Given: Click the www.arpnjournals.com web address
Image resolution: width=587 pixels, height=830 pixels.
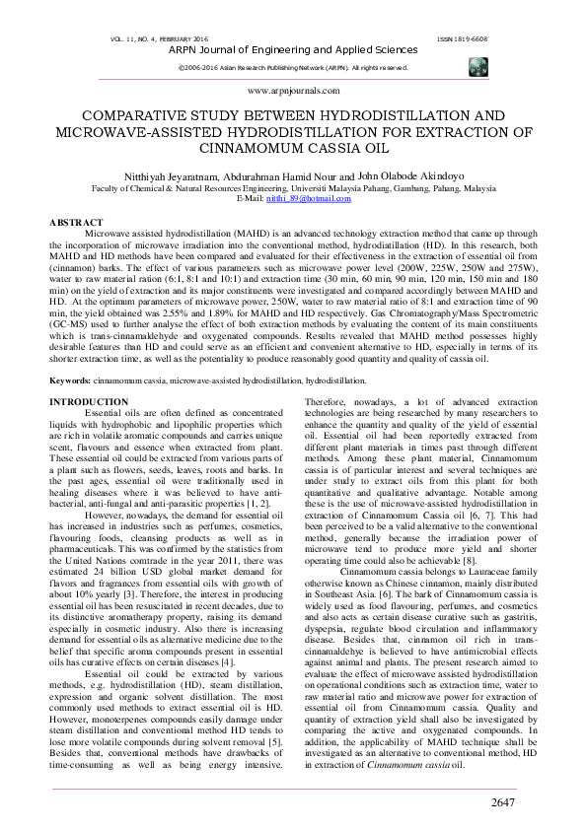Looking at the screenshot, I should pyautogui.click(x=293, y=89).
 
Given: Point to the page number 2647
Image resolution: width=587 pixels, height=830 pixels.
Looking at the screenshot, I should pyautogui.click(x=503, y=803).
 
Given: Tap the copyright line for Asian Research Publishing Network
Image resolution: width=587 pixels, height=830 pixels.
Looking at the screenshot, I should pyautogui.click(x=293, y=67).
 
